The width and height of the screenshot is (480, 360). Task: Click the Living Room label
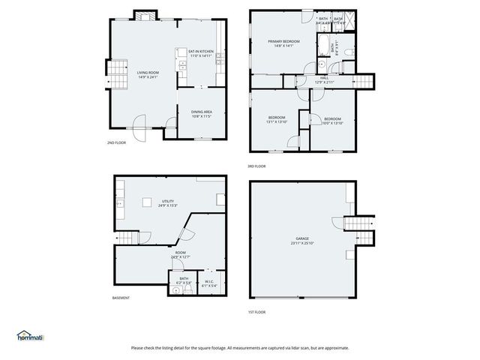[x=147, y=74]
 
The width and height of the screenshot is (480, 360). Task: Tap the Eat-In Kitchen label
[x=201, y=53]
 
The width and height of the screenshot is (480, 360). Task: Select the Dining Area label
[x=202, y=114]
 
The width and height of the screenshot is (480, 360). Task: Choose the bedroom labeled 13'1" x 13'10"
[x=277, y=120]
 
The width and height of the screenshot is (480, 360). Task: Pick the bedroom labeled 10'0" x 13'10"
[x=332, y=120]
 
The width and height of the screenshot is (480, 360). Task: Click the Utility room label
[x=167, y=202]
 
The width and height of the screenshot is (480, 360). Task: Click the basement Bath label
[x=184, y=280]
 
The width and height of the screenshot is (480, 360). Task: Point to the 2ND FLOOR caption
[x=116, y=142]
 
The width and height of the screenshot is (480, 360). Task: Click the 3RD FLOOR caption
[x=256, y=166]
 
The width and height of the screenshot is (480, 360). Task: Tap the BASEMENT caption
[x=121, y=298]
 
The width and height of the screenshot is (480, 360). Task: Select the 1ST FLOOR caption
[x=256, y=312]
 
